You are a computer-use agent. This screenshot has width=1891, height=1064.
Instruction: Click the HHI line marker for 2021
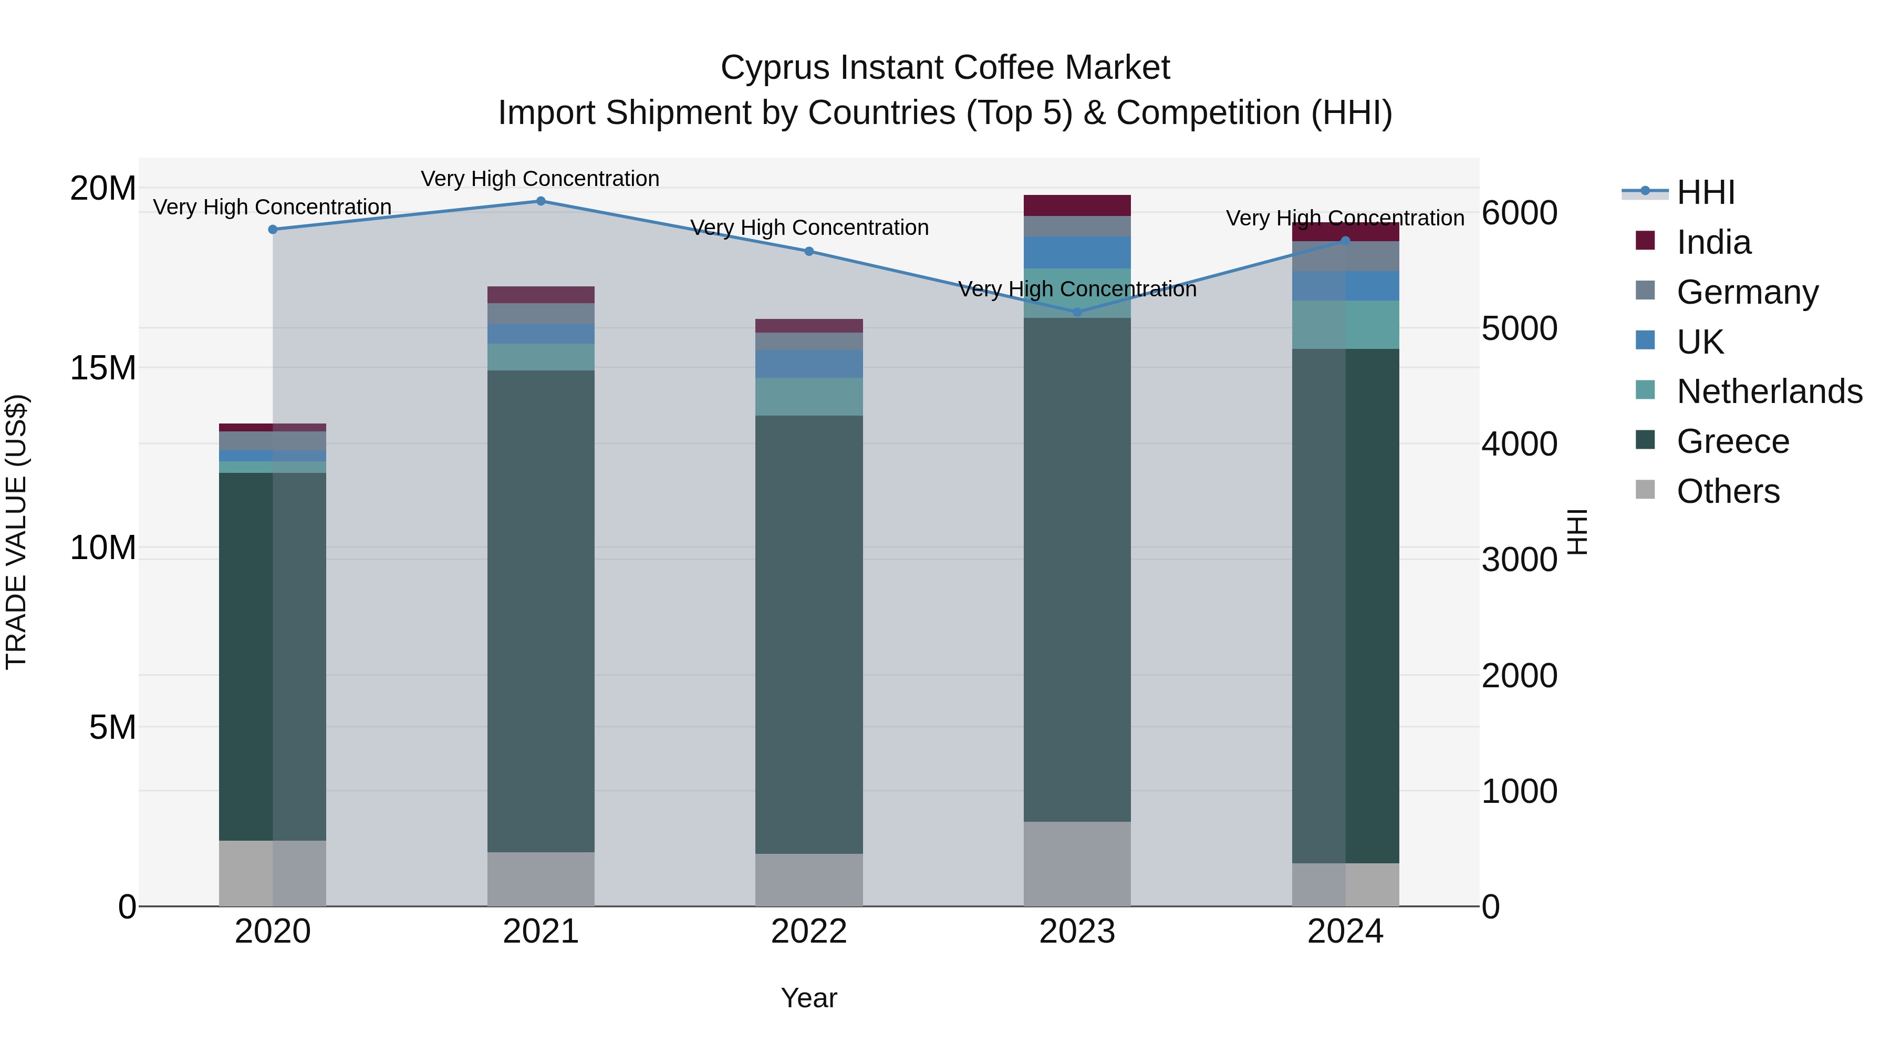click(541, 201)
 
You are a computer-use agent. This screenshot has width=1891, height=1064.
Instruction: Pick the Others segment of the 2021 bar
click(541, 879)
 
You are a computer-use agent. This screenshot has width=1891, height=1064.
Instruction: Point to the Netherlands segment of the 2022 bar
click(809, 397)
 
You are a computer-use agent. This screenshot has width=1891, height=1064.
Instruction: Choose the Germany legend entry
click(1747, 292)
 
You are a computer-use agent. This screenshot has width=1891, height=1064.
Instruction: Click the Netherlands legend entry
click(1769, 391)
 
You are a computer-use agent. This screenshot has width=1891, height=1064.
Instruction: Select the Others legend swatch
click(1645, 490)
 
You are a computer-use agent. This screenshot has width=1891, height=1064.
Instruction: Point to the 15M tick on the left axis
click(103, 368)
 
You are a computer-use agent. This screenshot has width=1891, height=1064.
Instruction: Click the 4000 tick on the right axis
click(1519, 444)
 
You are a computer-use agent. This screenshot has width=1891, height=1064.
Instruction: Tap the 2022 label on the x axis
click(809, 932)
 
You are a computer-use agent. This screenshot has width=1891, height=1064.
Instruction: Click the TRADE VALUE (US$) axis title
click(16, 532)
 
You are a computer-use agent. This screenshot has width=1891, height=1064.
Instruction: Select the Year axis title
click(809, 998)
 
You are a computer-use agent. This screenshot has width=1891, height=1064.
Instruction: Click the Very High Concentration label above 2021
click(541, 179)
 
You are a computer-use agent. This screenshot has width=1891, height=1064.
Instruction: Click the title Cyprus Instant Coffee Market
click(945, 68)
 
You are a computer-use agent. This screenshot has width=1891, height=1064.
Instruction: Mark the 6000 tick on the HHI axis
click(1519, 213)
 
